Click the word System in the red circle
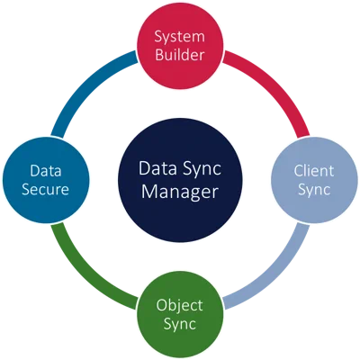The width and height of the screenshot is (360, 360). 180,38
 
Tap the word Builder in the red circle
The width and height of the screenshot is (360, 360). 180,55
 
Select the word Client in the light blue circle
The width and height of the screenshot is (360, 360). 314,171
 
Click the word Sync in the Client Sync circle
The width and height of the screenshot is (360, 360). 314,190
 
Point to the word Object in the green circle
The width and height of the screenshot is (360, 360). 179,306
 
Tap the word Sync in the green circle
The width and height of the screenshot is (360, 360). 180,324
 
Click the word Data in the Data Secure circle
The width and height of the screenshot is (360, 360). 46,171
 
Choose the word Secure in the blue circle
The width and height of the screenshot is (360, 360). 45,190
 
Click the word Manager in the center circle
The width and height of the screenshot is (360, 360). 180,193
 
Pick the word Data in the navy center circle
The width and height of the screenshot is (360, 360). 157,168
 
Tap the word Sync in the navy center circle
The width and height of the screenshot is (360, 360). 202,169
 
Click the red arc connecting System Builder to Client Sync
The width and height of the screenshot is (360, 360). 277,83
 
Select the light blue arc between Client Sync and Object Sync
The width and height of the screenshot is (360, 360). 277,277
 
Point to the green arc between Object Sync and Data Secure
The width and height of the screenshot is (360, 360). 83,277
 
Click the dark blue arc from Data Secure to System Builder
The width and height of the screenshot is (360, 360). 83,83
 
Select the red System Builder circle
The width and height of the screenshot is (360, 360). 180,46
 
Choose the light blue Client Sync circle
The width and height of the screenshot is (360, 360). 314,180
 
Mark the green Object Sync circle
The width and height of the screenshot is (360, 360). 180,314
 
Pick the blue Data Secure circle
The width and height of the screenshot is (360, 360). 46,180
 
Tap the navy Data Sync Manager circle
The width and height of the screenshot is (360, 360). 180,180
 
